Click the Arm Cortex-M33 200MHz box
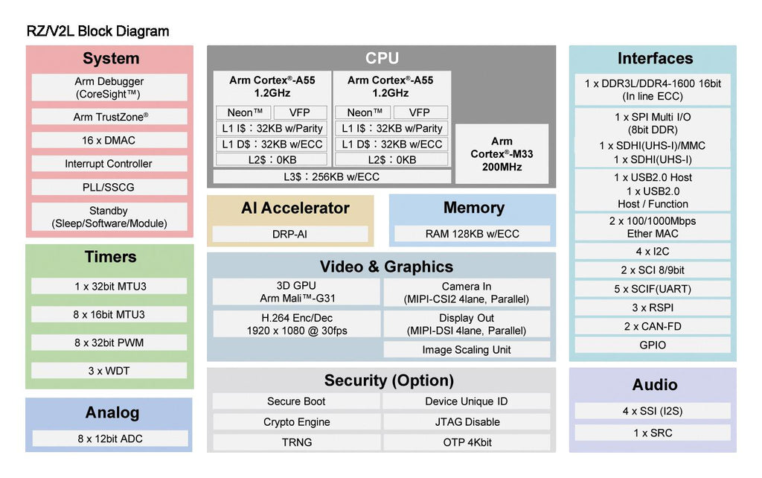(x=502, y=154)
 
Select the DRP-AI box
(x=290, y=234)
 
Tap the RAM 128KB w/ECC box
(x=472, y=234)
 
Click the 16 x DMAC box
(x=109, y=140)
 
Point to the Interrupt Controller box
(x=109, y=164)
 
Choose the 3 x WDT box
(x=109, y=371)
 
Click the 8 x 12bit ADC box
(x=109, y=439)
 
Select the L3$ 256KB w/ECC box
(x=332, y=176)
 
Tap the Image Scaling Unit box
(x=467, y=350)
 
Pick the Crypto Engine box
(x=296, y=422)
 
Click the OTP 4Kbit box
(x=467, y=442)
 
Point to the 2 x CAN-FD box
(x=653, y=326)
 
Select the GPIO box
(x=653, y=345)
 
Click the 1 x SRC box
(x=653, y=433)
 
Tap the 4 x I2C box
(x=653, y=252)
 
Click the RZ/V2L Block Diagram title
(x=97, y=31)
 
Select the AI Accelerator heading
(x=295, y=208)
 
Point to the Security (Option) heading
(x=388, y=380)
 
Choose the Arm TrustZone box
(x=109, y=117)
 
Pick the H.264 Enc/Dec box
(x=296, y=324)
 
